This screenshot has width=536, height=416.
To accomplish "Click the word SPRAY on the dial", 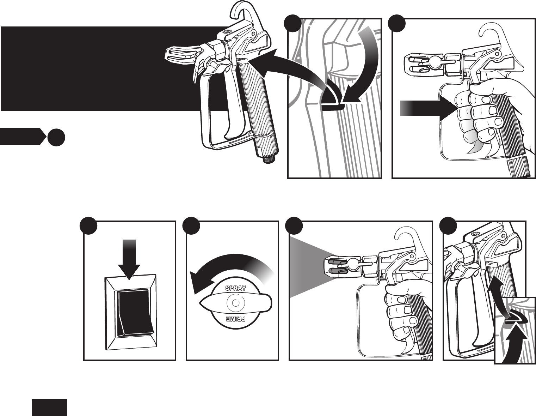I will click(236, 288).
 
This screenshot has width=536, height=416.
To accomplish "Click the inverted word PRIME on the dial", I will click(236, 319).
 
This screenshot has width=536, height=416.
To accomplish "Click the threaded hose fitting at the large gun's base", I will click(271, 157).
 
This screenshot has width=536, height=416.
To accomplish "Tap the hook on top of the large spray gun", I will click(243, 14).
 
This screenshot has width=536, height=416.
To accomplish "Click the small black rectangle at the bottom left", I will click(49, 408).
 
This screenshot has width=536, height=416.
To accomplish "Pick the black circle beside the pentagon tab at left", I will click(56, 137).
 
